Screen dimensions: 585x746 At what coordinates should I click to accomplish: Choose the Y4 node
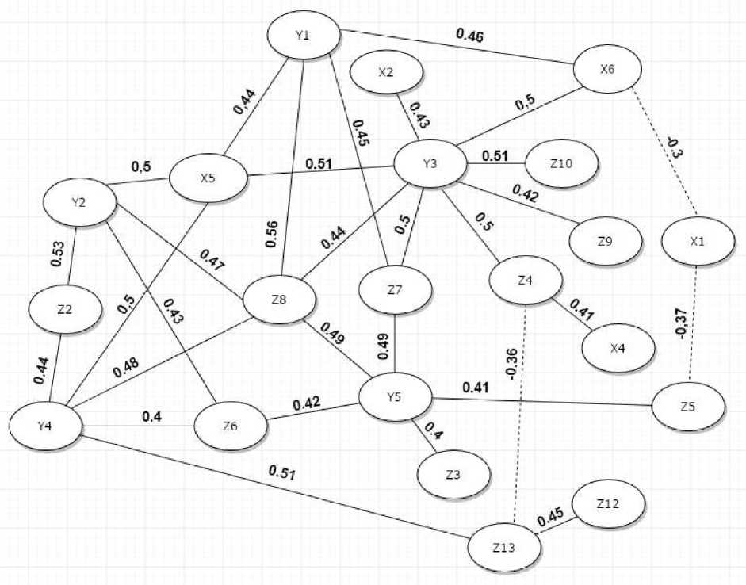pyautogui.click(x=46, y=426)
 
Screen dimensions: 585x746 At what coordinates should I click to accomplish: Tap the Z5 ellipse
pyautogui.click(x=688, y=406)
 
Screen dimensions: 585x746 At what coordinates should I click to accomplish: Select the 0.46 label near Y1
pyautogui.click(x=470, y=35)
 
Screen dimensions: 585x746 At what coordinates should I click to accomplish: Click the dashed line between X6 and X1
pyautogui.click(x=663, y=151)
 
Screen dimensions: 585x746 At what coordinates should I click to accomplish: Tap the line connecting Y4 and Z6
pyautogui.click(x=139, y=426)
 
